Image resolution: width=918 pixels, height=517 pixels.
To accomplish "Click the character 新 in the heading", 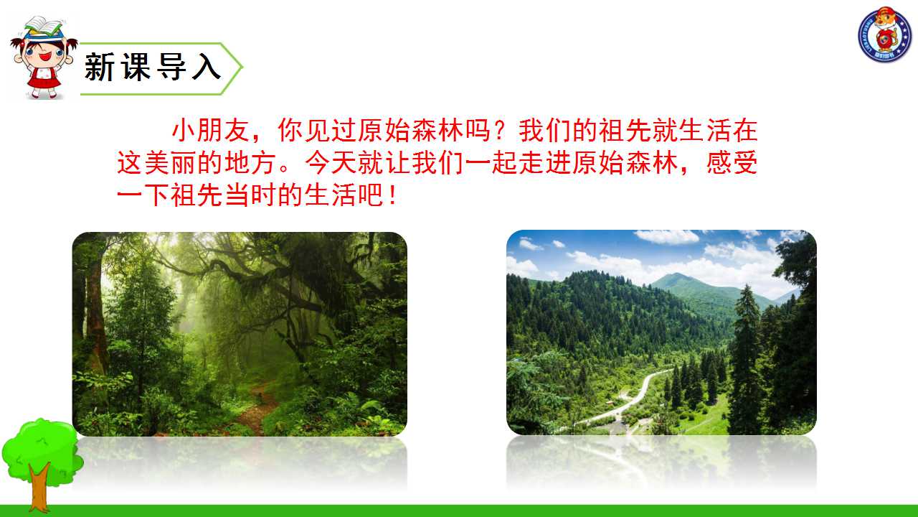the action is pos(99,67).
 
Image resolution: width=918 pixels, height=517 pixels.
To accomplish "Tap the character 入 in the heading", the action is pos(207,67).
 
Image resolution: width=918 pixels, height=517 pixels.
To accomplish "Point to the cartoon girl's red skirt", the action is pos(43,81).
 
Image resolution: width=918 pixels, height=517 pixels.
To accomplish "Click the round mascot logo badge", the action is pos(885,34).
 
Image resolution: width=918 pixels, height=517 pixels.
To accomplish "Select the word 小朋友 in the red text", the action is pos(210,130).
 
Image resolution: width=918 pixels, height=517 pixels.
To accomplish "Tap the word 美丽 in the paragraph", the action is pos(171,162).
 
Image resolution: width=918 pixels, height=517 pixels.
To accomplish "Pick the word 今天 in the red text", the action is pos(331,162).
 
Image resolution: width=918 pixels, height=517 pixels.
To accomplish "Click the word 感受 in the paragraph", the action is pos(732,162).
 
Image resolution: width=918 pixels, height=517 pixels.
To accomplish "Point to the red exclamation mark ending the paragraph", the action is pos(393,195).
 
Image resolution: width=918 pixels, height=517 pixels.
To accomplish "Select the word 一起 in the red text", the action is pos(492,162).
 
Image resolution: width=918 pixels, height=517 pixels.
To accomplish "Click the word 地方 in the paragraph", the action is pos(251,162).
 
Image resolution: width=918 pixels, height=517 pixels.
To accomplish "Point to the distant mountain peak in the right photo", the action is pos(676,276).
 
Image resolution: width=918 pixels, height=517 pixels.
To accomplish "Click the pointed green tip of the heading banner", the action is pos(242,67).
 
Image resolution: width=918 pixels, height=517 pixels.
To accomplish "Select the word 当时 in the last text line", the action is pos(251,195).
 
